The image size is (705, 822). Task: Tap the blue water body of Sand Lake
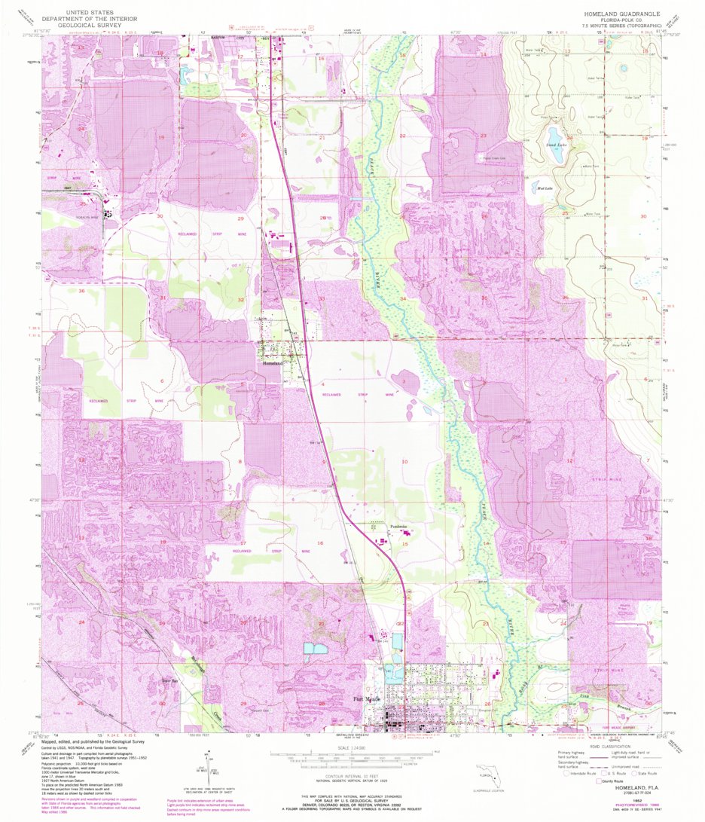(x=557, y=154)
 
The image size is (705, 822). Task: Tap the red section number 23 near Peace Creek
(x=484, y=136)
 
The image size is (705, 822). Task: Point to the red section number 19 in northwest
(x=160, y=137)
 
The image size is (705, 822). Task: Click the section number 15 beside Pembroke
(x=405, y=543)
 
